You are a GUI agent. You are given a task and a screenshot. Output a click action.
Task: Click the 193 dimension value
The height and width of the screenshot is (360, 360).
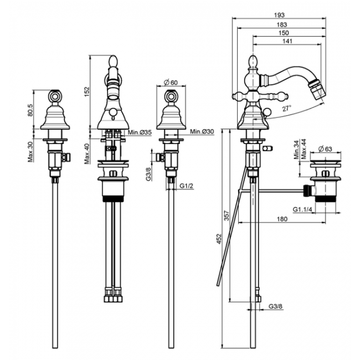point(279,15)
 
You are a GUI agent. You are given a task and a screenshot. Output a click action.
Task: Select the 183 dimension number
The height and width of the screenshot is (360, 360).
point(282,24)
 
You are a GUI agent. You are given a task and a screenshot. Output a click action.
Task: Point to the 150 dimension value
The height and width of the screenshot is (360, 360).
point(284,33)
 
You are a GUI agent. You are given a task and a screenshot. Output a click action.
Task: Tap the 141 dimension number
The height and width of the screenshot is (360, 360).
point(287,42)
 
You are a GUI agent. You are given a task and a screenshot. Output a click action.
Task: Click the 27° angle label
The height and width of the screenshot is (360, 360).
point(287,108)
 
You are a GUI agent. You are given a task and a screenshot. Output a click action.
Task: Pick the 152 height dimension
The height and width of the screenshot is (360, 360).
point(87,91)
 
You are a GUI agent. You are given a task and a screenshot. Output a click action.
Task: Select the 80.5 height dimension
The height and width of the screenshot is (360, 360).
point(30,110)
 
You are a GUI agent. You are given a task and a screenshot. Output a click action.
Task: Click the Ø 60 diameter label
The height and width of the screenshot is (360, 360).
point(171,82)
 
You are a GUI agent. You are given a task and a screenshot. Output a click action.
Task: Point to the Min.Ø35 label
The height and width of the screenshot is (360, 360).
point(140,132)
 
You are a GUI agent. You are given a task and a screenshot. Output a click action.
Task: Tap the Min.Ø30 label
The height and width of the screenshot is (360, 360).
point(202,132)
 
